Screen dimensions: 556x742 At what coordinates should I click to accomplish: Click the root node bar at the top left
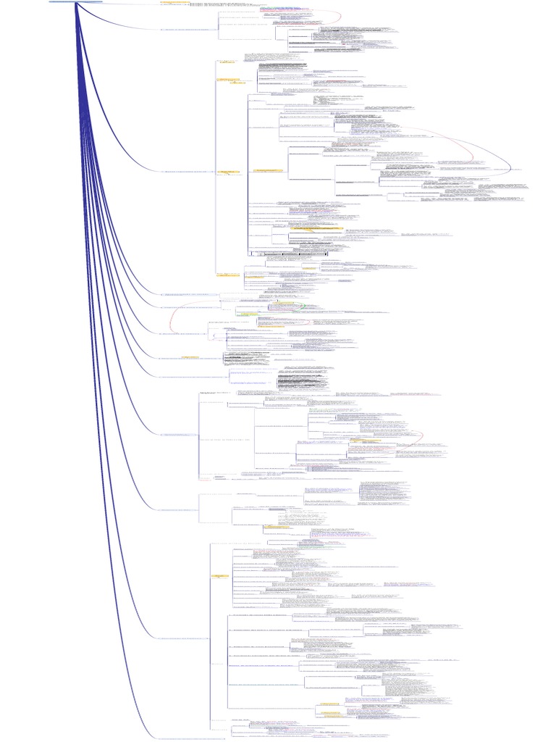coord(75,2)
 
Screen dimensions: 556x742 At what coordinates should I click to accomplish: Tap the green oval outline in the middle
coord(284,307)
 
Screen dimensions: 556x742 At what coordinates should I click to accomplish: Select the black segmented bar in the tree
coord(290,254)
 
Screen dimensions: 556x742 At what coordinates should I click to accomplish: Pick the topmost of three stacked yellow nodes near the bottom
coord(330,704)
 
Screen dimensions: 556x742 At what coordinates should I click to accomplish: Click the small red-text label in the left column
coord(205,478)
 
